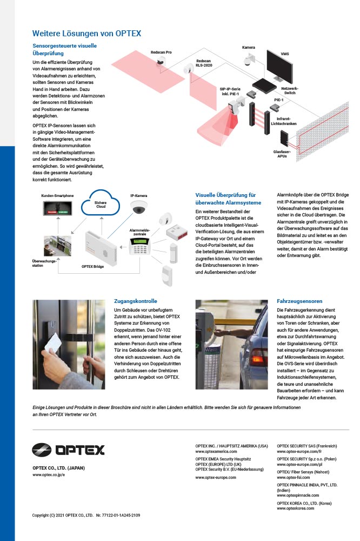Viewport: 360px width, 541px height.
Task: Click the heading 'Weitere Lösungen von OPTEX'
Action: [86, 34]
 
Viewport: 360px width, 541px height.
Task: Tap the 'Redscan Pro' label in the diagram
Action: [161, 52]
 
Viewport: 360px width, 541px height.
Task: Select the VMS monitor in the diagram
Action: [279, 65]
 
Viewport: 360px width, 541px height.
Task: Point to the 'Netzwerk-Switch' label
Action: [289, 91]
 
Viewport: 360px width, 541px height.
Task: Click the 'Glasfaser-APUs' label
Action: [282, 154]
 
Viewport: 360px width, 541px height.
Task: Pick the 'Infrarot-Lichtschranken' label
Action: [283, 121]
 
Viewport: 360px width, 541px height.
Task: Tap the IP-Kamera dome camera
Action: [138, 207]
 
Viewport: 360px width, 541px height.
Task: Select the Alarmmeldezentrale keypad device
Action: [139, 247]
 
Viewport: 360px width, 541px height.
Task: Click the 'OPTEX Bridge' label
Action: [92, 266]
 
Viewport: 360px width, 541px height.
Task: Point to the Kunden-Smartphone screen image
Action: [57, 208]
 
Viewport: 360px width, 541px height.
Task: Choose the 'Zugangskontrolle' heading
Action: [136, 301]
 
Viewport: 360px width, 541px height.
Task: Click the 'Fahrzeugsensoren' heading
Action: [299, 301]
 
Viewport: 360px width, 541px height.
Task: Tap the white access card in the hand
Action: [53, 343]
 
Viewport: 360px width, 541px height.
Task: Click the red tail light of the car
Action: [258, 358]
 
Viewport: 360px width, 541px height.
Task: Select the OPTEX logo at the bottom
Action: [68, 450]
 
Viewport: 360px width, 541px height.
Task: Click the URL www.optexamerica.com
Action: [216, 451]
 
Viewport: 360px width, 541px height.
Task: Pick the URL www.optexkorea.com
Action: [296, 508]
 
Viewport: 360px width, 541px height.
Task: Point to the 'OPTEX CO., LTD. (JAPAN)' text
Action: [58, 468]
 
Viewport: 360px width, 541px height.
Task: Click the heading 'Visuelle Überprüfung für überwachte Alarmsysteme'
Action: [228, 199]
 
